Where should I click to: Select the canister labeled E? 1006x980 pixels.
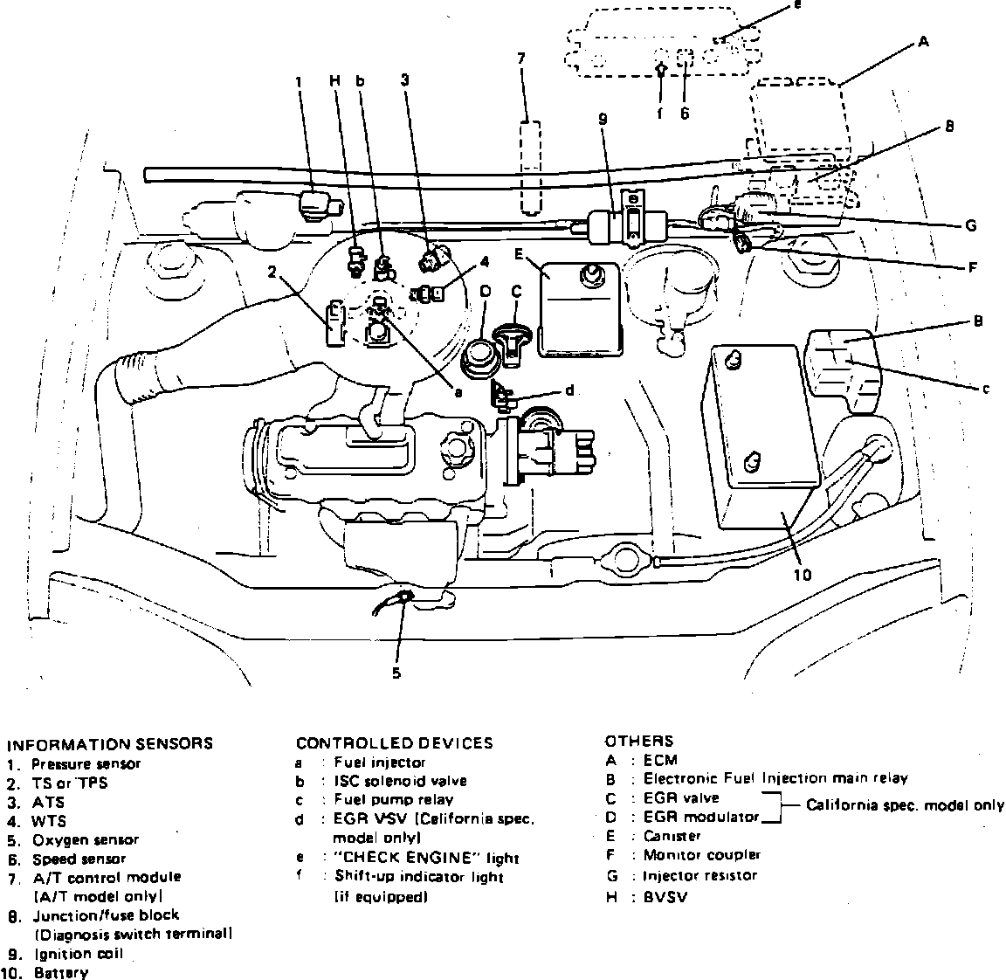tap(578, 310)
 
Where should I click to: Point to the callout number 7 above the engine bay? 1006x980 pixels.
tap(520, 59)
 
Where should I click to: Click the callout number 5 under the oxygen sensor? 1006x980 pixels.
tap(396, 673)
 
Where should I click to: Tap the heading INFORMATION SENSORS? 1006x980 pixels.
tap(109, 744)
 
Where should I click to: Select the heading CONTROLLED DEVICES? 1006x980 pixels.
tap(394, 743)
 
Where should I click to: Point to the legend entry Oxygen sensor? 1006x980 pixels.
tap(86, 840)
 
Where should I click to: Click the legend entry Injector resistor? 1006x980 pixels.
tap(699, 875)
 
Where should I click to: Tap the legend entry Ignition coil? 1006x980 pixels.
tap(78, 954)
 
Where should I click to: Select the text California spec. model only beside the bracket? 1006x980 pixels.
tap(904, 805)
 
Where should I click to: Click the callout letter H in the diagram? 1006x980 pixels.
tap(334, 80)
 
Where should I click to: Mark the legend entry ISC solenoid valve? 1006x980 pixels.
tap(399, 781)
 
